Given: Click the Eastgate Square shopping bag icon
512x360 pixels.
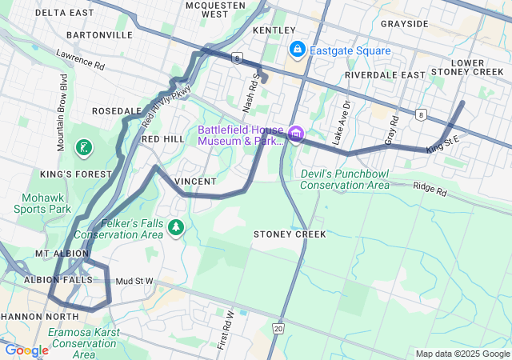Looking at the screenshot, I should pos(297,50).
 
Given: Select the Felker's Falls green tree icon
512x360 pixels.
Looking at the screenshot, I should pos(176,229).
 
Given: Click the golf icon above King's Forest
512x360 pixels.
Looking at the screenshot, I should pos(83,147).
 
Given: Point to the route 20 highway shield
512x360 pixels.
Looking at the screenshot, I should pos(278,328).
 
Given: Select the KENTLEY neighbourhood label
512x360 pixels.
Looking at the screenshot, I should pos(274,30).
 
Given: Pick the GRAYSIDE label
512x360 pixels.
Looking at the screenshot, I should pos(404,24).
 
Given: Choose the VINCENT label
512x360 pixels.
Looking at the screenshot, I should pos(194,182).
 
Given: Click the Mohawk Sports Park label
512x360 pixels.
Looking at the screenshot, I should pos(42,203).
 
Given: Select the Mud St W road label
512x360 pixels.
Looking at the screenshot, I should pos(134,282).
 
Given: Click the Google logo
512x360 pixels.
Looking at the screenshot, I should pos(26,350).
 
